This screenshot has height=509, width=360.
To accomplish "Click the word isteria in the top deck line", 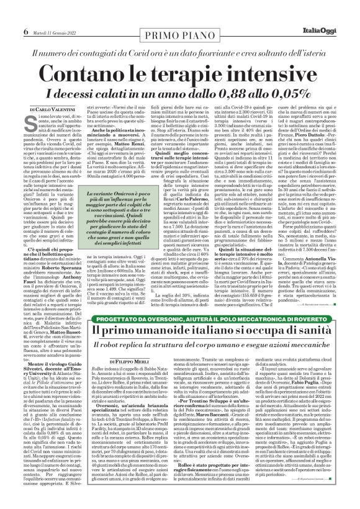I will pos(315,37).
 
